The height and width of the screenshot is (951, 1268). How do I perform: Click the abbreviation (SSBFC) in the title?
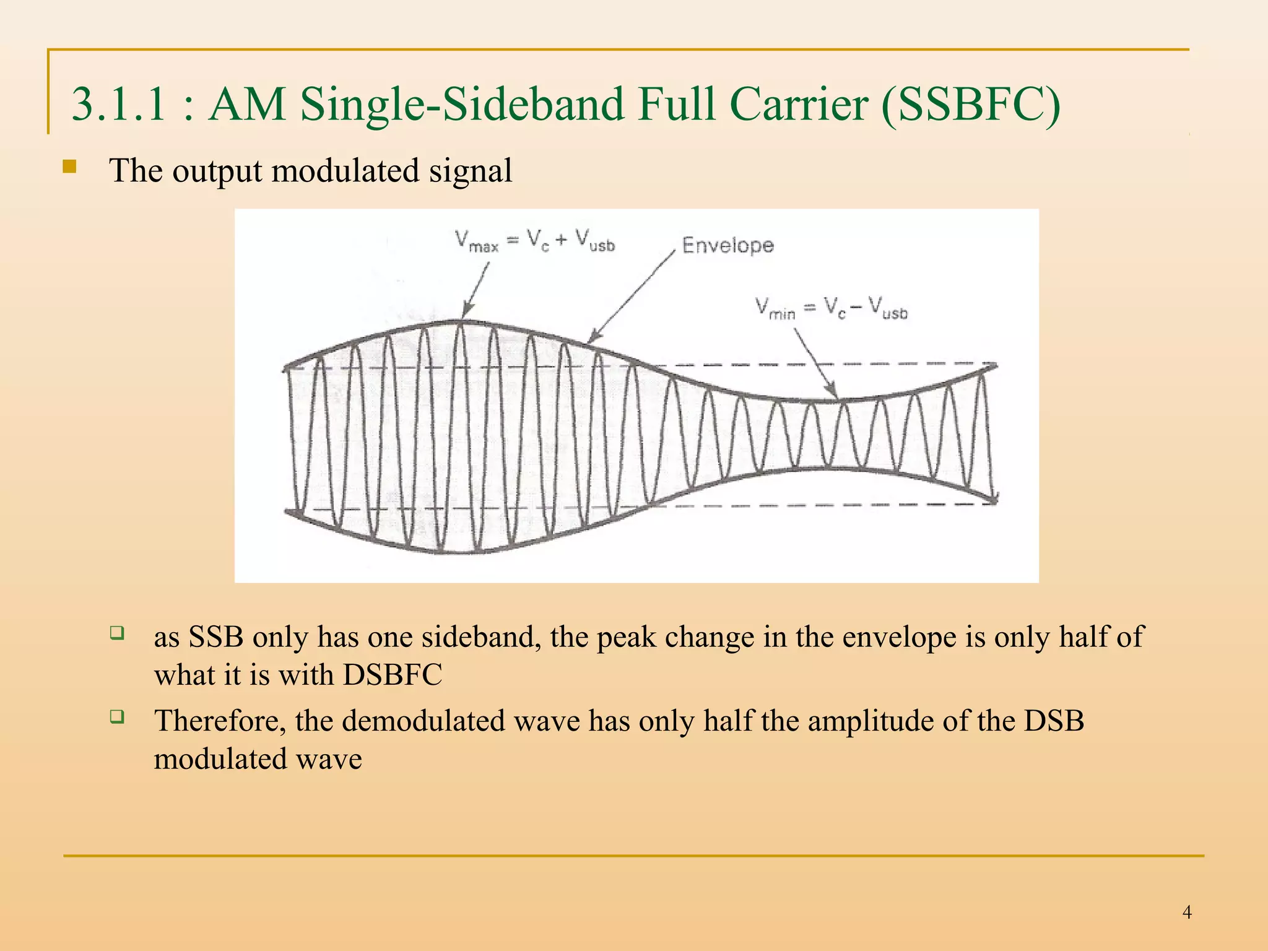pyautogui.click(x=971, y=105)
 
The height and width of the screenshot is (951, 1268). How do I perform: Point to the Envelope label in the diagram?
pyautogui.click(x=727, y=245)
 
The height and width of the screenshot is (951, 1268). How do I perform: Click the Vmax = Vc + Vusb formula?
pyautogui.click(x=535, y=241)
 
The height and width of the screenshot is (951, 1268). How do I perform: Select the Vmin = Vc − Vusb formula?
pyautogui.click(x=831, y=308)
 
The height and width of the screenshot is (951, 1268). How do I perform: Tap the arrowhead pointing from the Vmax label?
pyautogui.click(x=466, y=313)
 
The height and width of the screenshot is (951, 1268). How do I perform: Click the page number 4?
pyautogui.click(x=1187, y=912)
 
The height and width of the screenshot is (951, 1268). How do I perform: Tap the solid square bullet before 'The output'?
pyautogui.click(x=69, y=167)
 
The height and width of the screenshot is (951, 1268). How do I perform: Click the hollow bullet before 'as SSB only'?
pyautogui.click(x=116, y=633)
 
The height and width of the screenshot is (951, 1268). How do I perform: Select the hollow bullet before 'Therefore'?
pyautogui.click(x=116, y=717)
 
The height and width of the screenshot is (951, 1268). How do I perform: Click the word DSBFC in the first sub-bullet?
pyautogui.click(x=393, y=674)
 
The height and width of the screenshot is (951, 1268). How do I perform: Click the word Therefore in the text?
pyautogui.click(x=220, y=721)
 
